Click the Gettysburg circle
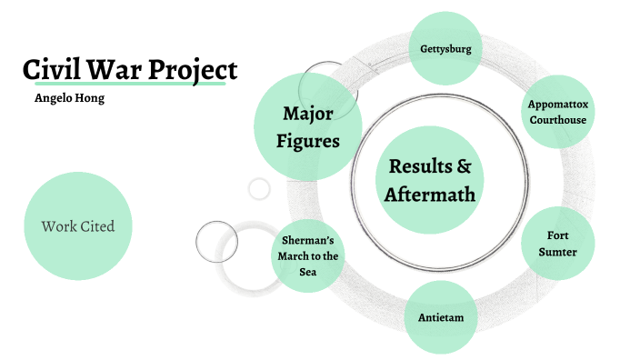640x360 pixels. [445, 47]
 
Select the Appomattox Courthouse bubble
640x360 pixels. [558, 111]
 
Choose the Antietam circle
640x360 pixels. [440, 317]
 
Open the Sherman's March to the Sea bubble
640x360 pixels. [308, 256]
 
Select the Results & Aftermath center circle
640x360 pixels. [430, 180]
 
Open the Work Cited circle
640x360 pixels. [78, 226]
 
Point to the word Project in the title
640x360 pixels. [195, 70]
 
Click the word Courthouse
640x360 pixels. [558, 119]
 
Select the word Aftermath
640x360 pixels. [430, 194]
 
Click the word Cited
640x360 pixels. [97, 226]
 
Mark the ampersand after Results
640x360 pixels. [463, 166]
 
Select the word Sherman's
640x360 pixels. [308, 240]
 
